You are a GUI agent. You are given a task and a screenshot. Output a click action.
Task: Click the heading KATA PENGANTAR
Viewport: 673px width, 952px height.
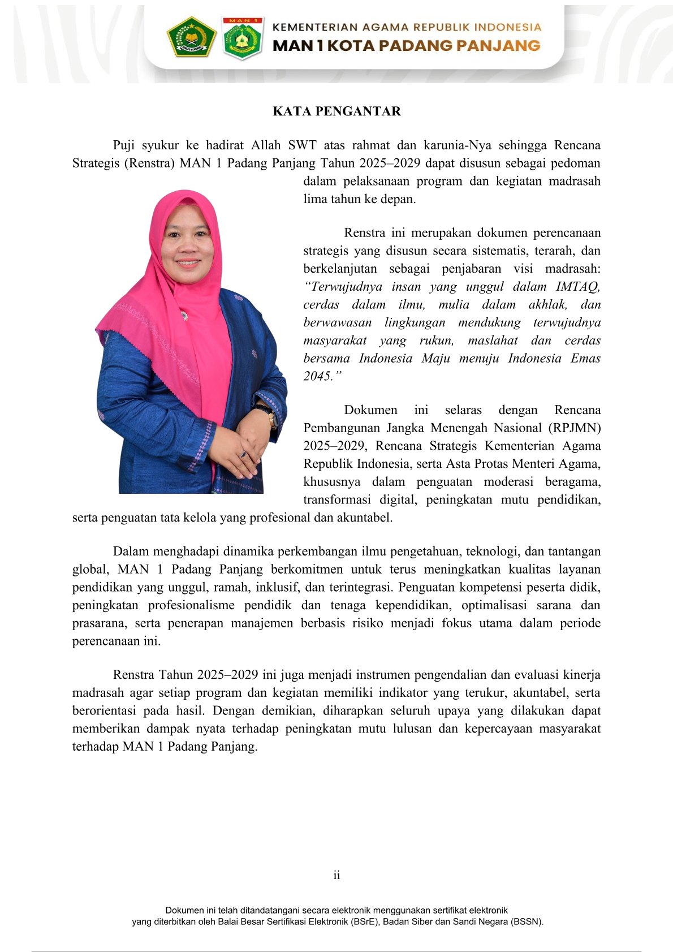(336, 111)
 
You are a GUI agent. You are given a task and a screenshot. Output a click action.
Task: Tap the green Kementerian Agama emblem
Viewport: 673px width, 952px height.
(192, 37)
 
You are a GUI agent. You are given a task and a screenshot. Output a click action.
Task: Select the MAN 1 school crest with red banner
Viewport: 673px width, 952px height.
(243, 38)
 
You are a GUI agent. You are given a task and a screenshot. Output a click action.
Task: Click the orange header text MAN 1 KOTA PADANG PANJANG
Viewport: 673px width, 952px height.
(406, 46)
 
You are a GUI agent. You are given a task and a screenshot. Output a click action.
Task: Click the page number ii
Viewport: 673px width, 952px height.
(336, 875)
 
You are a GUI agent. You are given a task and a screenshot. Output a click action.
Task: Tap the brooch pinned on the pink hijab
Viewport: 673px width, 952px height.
(183, 315)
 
